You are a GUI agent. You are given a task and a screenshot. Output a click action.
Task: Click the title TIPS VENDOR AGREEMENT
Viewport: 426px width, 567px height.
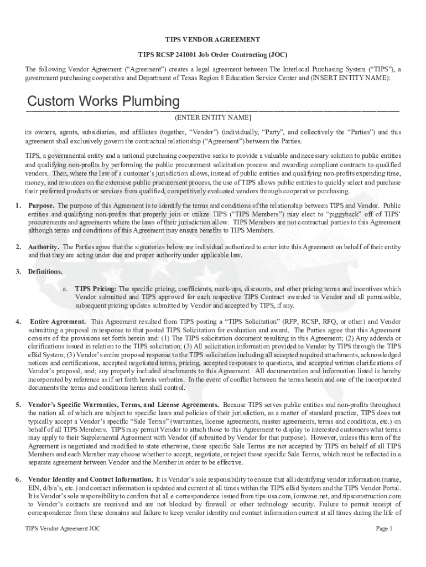(x=213, y=40)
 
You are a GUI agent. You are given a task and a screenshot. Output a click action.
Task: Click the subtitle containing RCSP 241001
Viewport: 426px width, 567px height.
(x=213, y=55)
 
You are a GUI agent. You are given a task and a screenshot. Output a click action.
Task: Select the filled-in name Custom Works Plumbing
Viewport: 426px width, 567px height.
(x=103, y=102)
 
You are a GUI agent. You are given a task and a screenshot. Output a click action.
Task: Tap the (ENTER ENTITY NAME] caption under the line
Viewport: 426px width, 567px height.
(x=213, y=118)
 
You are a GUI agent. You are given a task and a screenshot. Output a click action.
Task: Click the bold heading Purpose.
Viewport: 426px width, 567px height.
(x=41, y=205)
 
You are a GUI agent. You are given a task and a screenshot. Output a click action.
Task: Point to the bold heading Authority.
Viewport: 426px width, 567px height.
(x=44, y=246)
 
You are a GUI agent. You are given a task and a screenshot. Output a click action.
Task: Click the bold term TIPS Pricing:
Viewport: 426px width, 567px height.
(x=96, y=289)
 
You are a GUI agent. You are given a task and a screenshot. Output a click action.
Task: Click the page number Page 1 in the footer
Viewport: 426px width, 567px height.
(x=384, y=529)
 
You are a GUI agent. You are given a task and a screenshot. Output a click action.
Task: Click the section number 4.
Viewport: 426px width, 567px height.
(x=18, y=322)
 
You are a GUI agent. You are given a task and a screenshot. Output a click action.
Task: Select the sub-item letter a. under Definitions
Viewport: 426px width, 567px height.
(x=65, y=289)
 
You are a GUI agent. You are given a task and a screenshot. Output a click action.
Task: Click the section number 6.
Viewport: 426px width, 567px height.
(x=18, y=479)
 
